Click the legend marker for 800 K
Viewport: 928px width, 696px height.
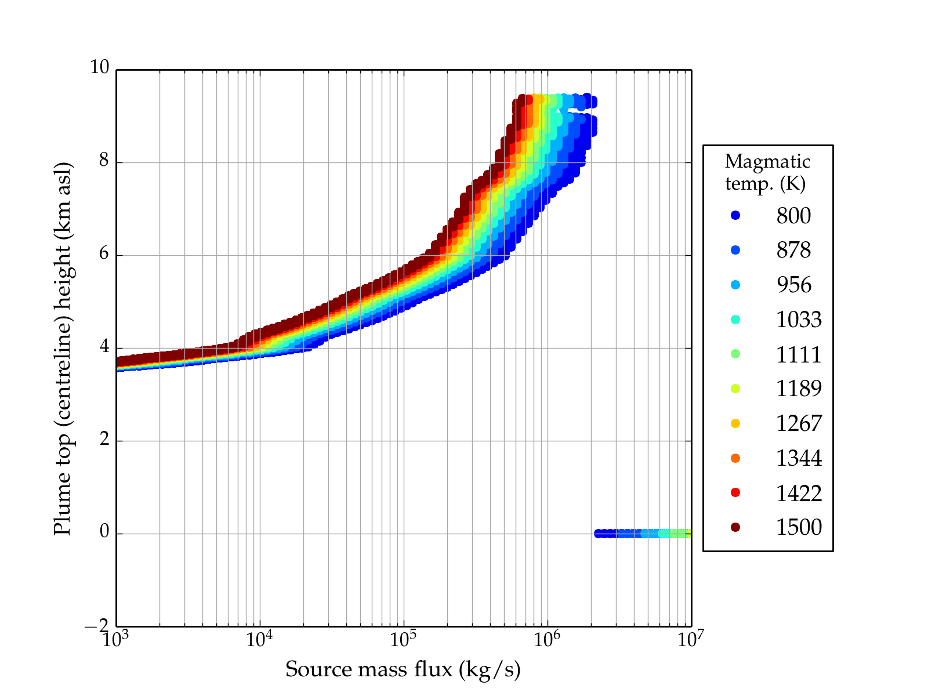point(735,215)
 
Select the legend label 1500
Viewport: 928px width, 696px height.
point(799,527)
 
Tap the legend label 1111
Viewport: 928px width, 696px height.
point(799,354)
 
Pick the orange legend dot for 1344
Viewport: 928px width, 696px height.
point(735,458)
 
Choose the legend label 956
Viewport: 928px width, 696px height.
point(793,285)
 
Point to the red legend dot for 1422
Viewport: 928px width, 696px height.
point(735,492)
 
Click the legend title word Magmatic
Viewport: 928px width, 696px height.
point(767,161)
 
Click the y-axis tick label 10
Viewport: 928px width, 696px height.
point(99,68)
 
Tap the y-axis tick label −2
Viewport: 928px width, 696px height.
point(97,626)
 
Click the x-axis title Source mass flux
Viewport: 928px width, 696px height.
point(403,670)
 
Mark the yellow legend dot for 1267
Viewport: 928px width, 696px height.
point(735,423)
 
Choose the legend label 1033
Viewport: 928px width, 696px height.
point(799,320)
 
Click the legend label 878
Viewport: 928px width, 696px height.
point(793,250)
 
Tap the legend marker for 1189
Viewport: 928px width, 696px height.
point(735,389)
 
